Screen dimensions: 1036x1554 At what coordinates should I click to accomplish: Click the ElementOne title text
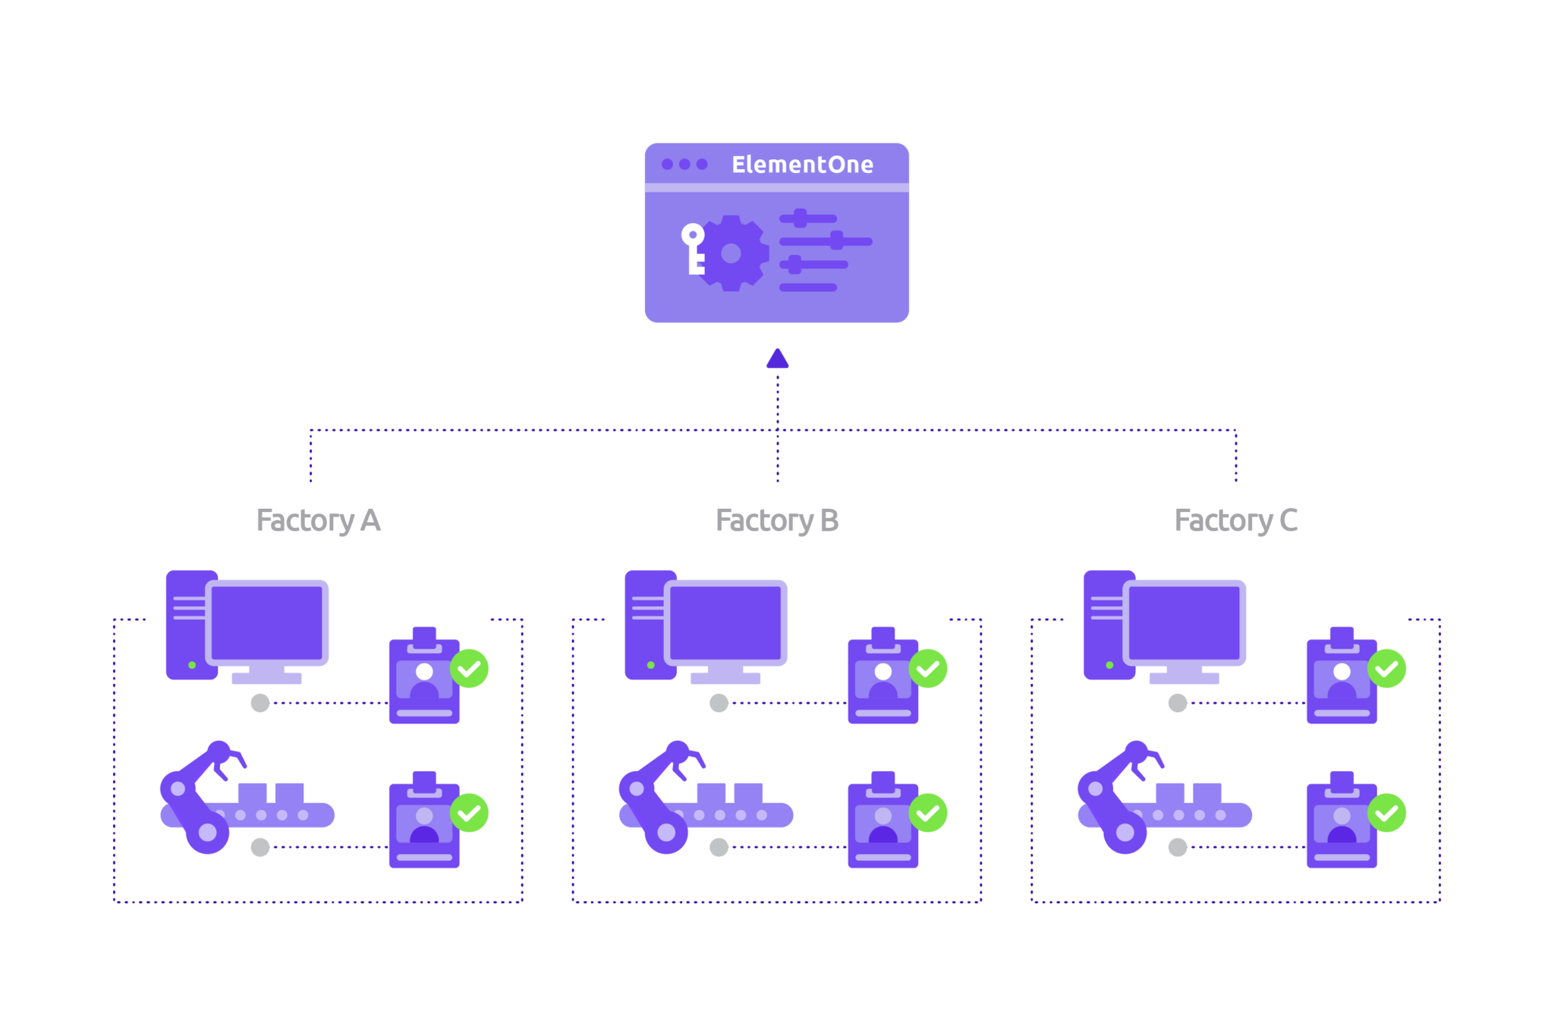(x=802, y=165)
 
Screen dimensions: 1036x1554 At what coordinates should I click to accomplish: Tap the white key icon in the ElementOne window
(x=694, y=248)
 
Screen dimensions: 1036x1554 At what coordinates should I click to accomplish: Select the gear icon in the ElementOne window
(x=731, y=253)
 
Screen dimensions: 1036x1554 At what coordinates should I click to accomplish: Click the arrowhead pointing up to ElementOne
(x=777, y=359)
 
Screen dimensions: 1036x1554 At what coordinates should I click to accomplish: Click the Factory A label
(x=318, y=520)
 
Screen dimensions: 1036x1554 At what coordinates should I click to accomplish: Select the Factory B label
(x=777, y=520)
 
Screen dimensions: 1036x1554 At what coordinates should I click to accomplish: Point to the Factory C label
(x=1235, y=520)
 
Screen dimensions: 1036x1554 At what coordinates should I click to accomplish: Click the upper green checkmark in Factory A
(x=470, y=668)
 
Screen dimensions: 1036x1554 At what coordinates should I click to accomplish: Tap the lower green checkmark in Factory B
(x=928, y=813)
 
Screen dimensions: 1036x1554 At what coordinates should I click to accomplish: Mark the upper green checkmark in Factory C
(x=1387, y=668)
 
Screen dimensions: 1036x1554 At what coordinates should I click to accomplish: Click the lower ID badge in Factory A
(x=424, y=823)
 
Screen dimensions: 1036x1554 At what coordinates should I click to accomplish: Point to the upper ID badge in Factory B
(x=882, y=679)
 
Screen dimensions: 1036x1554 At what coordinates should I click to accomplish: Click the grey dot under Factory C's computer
(x=1178, y=703)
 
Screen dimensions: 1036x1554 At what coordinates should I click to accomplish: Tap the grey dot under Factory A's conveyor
(x=260, y=847)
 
